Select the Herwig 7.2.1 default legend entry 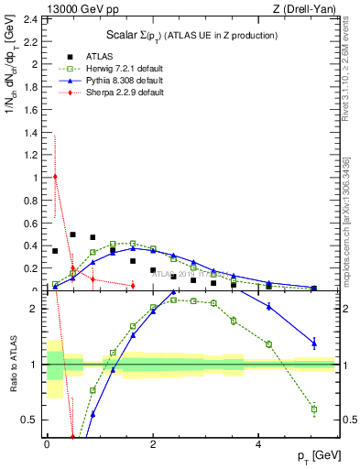point(118,69)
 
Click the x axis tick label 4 point(259,445)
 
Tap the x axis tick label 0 point(47,445)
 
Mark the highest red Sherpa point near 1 point(55,177)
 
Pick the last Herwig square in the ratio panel point(313,409)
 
